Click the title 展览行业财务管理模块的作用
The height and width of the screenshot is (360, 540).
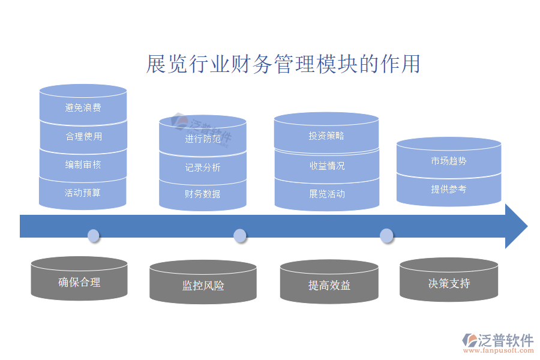(283, 64)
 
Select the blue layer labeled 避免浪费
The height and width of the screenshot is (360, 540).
(83, 108)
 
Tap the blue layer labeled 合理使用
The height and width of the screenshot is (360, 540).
(83, 136)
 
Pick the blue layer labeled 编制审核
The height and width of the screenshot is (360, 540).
(83, 164)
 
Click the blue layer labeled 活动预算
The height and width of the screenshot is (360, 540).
(83, 193)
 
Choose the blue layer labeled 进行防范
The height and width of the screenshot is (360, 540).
(203, 139)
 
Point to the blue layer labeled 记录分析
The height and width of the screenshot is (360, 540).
(203, 167)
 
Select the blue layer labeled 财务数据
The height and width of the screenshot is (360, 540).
(203, 194)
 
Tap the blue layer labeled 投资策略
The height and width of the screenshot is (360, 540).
(326, 136)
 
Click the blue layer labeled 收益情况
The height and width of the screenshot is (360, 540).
(326, 165)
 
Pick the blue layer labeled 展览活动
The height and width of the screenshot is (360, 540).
(326, 194)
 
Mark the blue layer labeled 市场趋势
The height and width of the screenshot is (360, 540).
(448, 161)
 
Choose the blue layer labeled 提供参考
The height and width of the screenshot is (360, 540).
(448, 189)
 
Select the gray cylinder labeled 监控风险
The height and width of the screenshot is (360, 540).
(203, 286)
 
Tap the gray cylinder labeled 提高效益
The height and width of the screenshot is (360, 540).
(329, 286)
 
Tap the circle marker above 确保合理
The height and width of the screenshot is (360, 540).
(93, 235)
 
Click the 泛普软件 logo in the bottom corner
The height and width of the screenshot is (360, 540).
(497, 343)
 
